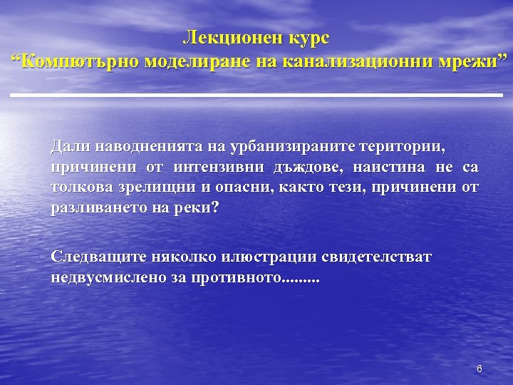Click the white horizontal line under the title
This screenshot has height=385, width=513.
click(256, 95)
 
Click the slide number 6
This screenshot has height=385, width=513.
click(480, 369)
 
